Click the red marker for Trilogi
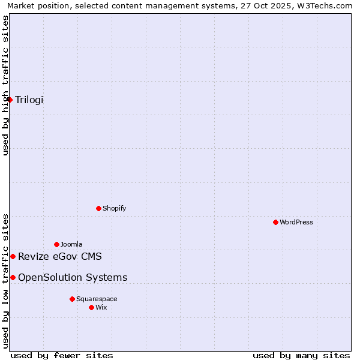coord(10,100)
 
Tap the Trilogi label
coord(29,100)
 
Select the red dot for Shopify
coord(98,208)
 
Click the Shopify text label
coord(114,208)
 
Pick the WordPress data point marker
coord(275,222)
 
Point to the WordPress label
coord(296,222)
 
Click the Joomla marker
coord(56,244)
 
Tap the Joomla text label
coord(71,244)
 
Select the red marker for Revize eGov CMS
coord(13,256)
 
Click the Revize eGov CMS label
coord(59,257)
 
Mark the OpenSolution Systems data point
coord(13,277)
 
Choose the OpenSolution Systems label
coord(73,277)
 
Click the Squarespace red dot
coord(72,299)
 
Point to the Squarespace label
coord(97,299)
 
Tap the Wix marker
coord(91,307)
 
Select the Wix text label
coord(101,307)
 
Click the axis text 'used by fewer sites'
coord(62,355)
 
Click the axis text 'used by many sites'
coord(301,355)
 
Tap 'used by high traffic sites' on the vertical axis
coord(5,85)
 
